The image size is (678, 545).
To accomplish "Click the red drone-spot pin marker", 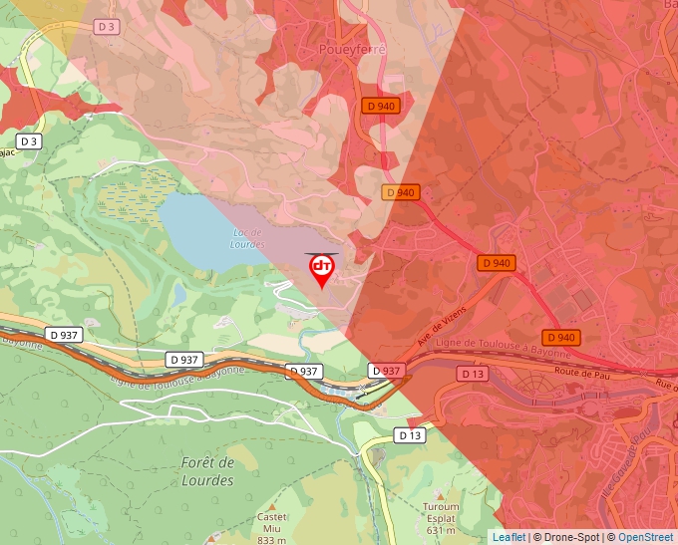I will (x=322, y=270).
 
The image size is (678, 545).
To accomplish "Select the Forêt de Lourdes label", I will (x=208, y=471).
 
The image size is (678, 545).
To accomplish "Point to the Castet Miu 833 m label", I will (x=271, y=528).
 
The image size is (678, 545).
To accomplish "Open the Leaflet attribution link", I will (x=508, y=537).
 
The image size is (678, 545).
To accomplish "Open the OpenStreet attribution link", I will (x=645, y=537).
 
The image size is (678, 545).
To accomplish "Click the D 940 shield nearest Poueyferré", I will (x=381, y=106).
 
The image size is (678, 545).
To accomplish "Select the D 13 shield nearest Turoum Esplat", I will (x=411, y=435).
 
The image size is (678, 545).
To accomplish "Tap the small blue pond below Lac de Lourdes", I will (x=179, y=294).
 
